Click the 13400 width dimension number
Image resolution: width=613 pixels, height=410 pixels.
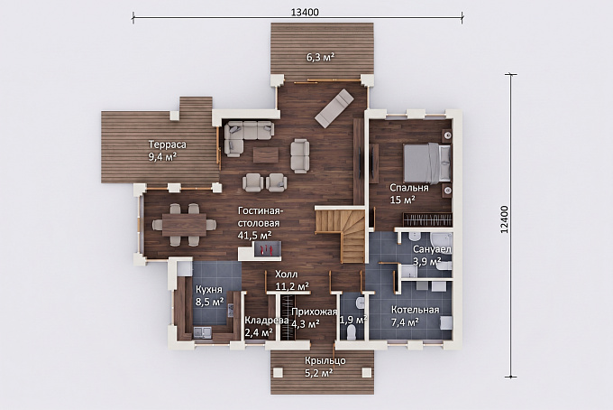(x=305, y=12)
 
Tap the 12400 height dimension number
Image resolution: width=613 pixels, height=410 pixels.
(x=505, y=219)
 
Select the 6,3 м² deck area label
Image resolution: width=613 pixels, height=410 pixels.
(x=320, y=58)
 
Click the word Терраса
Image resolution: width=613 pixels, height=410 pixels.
(x=168, y=144)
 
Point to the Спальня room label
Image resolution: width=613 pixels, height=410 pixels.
(x=409, y=188)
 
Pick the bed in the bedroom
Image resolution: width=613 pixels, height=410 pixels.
(x=427, y=163)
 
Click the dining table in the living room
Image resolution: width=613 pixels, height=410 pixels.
(x=184, y=224)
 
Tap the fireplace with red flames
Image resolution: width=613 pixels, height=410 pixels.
(x=268, y=248)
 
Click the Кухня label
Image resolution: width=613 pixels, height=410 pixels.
(x=209, y=290)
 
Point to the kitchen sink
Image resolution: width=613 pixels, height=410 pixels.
(x=203, y=332)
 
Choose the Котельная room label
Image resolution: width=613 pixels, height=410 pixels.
(x=416, y=310)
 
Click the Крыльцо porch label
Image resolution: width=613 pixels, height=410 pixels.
(x=325, y=360)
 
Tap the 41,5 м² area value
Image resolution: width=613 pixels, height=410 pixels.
(x=255, y=235)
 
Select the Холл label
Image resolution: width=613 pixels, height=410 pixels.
(x=286, y=274)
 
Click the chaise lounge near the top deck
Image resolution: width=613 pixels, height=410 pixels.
(x=334, y=108)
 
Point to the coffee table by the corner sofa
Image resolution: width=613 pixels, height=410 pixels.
(x=266, y=154)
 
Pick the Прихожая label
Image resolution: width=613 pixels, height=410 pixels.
(x=315, y=312)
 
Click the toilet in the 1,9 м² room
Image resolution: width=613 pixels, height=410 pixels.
(x=352, y=333)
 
